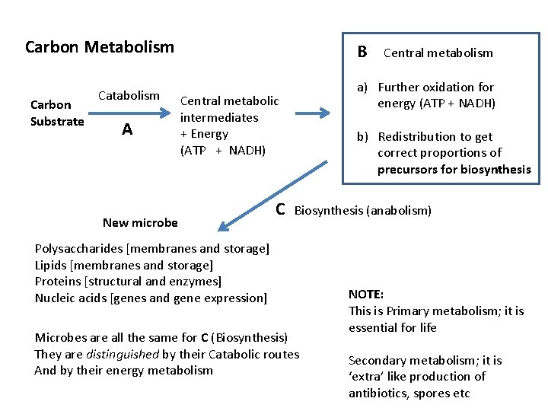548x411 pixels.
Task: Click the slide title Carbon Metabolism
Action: pos(100,47)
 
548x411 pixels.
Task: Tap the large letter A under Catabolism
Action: pos(127,130)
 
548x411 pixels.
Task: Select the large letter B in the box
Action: pos(362,52)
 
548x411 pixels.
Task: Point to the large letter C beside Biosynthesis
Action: pos(280,209)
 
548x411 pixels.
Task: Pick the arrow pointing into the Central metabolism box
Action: pos(312,113)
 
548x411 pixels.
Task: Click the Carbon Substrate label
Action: pos(57,113)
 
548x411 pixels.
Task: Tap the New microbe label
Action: pos(140,223)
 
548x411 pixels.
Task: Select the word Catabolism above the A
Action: pos(129,96)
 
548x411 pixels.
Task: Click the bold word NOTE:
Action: pos(366,294)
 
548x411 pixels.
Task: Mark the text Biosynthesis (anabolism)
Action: pos(362,211)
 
